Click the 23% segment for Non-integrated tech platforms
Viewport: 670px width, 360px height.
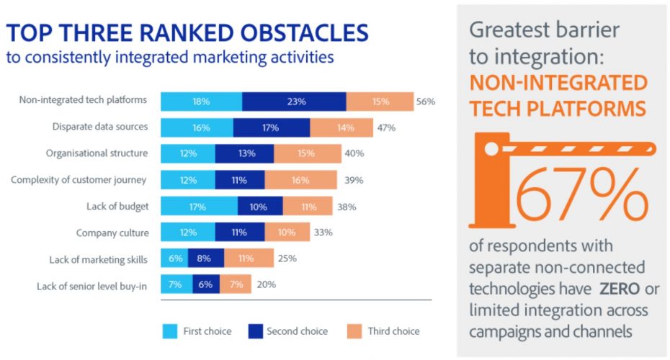(294, 102)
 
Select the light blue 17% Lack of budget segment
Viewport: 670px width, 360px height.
(199, 207)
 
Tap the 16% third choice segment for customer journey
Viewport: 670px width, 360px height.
(300, 180)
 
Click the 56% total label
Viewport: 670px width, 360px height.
(425, 102)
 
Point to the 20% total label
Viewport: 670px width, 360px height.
(266, 285)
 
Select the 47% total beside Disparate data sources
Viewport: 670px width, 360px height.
(385, 128)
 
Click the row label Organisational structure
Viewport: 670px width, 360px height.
(97, 153)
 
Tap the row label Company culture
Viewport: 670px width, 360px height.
(112, 233)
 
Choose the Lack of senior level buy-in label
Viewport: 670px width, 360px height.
(92, 286)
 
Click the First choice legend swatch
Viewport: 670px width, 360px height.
(170, 331)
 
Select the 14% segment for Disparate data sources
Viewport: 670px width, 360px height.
(341, 128)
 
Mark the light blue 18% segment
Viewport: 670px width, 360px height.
(201, 102)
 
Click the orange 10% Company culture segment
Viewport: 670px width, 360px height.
(287, 233)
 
